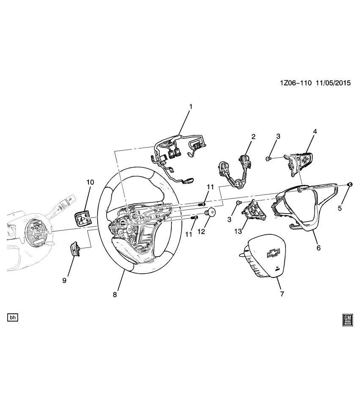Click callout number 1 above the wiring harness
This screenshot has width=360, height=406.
[190, 107]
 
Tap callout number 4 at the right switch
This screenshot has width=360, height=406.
[315, 132]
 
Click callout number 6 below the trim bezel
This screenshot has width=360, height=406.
[319, 248]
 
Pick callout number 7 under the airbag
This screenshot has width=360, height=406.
[282, 293]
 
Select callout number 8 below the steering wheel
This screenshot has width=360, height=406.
[115, 295]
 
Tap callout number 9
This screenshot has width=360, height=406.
[64, 280]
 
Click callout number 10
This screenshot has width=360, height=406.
[90, 182]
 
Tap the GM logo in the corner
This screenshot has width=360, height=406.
[348, 320]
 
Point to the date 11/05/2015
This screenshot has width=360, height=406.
[333, 83]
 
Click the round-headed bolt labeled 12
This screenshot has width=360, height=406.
[210, 213]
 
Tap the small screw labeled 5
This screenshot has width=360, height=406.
[350, 184]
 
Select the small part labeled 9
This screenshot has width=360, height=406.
[75, 249]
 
